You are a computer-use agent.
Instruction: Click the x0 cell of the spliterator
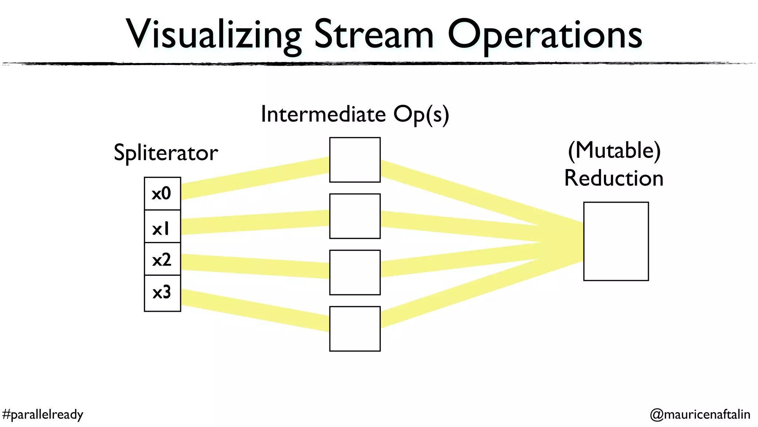(x=162, y=193)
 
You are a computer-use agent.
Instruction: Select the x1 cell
(x=162, y=226)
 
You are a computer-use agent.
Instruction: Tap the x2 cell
(x=162, y=259)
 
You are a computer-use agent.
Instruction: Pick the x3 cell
(x=162, y=293)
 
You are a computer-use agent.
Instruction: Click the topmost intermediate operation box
(x=355, y=160)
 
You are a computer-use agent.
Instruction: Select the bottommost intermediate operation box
(x=355, y=328)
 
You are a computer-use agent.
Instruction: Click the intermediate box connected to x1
(x=355, y=216)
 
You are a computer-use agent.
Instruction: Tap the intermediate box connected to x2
(x=355, y=272)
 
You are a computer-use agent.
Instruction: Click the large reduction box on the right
(x=616, y=241)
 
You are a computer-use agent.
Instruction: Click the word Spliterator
(x=165, y=153)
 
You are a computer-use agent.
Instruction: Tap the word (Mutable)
(x=614, y=150)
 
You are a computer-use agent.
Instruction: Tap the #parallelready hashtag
(x=43, y=414)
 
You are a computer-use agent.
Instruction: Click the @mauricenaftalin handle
(x=700, y=414)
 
